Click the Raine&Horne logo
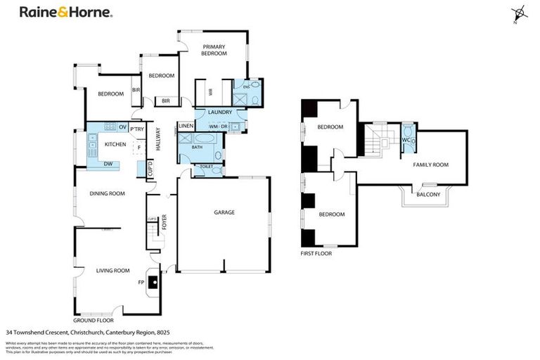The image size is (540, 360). (x=65, y=13)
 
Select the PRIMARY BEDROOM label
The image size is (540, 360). (x=214, y=49)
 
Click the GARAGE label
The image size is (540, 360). (x=224, y=212)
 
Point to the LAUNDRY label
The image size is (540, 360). (x=220, y=112)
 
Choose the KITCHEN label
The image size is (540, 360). (x=115, y=144)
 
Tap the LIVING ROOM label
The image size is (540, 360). (x=112, y=270)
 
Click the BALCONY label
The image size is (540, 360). (x=428, y=194)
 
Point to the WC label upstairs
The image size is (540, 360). (x=406, y=140)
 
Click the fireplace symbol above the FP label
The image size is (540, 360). (x=153, y=276)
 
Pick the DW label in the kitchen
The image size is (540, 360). (x=108, y=164)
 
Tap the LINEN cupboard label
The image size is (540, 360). (x=186, y=126)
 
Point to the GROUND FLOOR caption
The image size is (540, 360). (x=93, y=320)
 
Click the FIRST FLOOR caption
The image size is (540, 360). (x=316, y=253)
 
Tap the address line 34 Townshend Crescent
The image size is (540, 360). (x=88, y=332)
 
